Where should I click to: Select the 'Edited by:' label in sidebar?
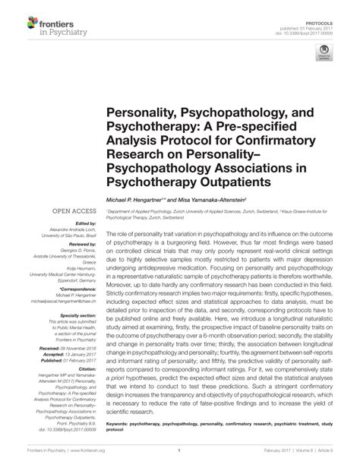[84, 223]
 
